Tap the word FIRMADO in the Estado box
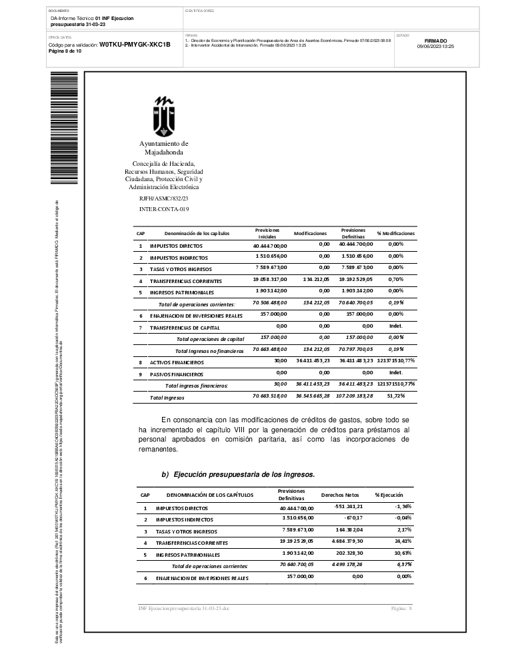tap(435, 41)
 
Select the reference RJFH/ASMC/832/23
tap(164, 198)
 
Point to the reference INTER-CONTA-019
tap(164, 209)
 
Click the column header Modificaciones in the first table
tap(310, 234)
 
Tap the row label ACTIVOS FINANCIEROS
tap(177, 363)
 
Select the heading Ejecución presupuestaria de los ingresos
tap(238, 474)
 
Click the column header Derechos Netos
tap(340, 495)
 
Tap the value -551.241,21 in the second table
tap(343, 507)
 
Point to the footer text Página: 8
tap(402, 609)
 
